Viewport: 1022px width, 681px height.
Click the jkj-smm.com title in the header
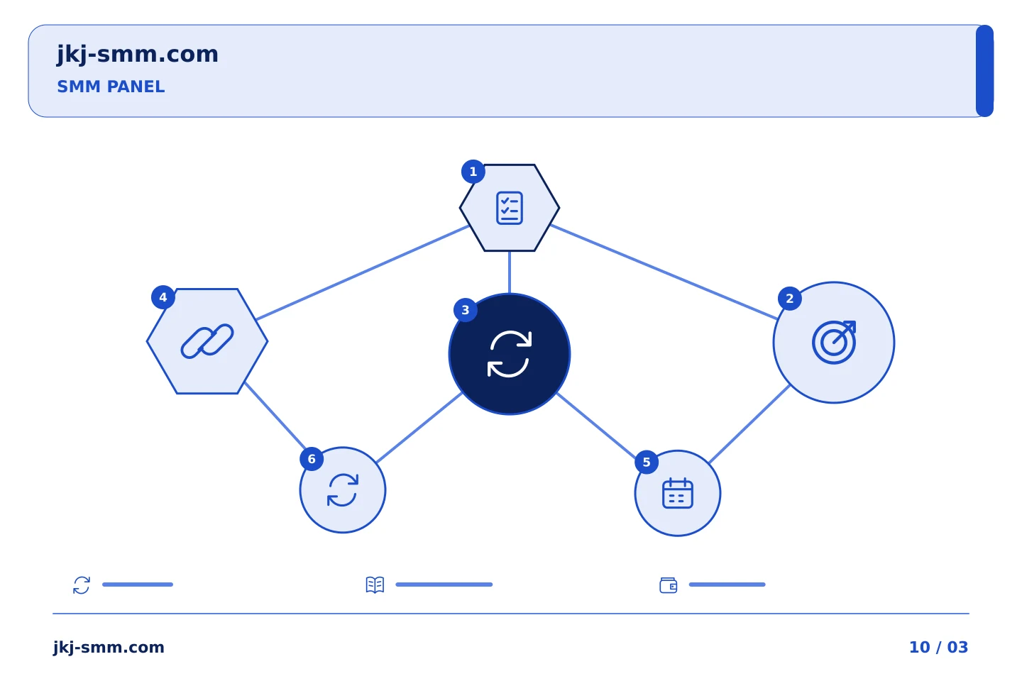[138, 55]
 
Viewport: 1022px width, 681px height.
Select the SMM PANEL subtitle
[111, 87]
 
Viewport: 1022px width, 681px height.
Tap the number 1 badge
[473, 172]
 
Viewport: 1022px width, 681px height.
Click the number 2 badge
[790, 299]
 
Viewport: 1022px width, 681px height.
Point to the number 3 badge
[466, 310]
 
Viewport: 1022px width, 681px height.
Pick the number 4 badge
[163, 297]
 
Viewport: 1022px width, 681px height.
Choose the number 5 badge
[647, 462]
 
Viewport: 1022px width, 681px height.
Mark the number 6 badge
[312, 459]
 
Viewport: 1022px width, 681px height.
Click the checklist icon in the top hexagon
[510, 208]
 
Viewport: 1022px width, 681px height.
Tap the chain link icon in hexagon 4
[207, 341]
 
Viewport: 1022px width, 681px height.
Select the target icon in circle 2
[834, 342]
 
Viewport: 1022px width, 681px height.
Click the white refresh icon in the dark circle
[510, 354]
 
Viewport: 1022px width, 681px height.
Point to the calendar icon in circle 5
[678, 493]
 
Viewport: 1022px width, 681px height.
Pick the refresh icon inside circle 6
[343, 490]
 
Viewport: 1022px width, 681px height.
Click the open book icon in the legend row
[375, 585]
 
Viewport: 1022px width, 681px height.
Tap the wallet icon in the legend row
[669, 585]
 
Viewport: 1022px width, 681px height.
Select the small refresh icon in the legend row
[82, 585]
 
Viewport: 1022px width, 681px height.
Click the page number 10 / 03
[938, 647]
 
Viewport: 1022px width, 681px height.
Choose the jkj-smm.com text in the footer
[109, 648]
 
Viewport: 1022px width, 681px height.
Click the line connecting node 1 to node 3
[510, 272]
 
